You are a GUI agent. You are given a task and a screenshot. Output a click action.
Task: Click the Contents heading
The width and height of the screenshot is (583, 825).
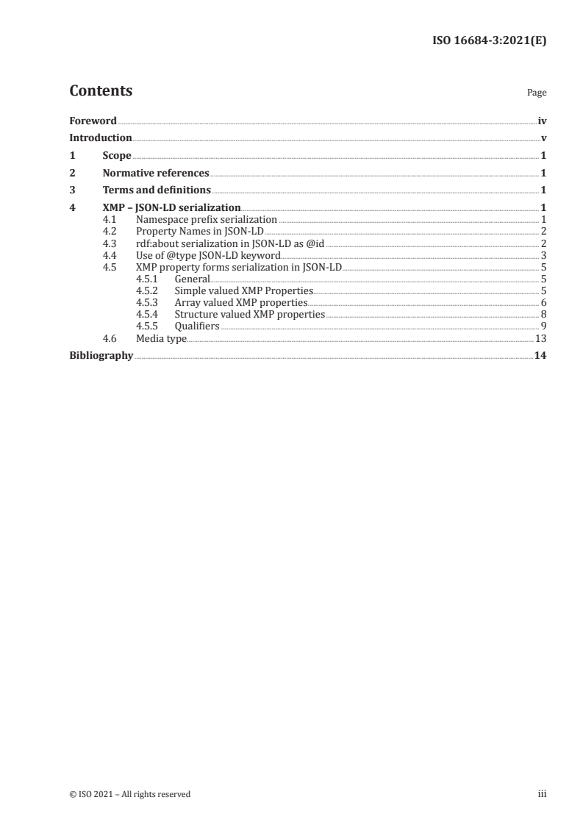tap(101, 91)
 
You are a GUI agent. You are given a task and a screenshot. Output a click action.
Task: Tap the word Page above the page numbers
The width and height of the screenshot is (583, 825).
tap(537, 93)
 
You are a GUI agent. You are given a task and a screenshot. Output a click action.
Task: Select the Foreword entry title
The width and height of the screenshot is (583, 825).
tap(93, 121)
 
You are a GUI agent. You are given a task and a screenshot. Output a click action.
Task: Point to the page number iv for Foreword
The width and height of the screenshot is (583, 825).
tap(542, 121)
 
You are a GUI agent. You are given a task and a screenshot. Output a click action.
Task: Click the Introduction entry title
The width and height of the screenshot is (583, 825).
tap(100, 137)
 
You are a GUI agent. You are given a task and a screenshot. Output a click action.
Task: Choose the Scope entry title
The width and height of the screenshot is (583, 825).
tap(117, 155)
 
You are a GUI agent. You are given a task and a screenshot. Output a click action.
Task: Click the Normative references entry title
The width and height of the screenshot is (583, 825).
tap(156, 174)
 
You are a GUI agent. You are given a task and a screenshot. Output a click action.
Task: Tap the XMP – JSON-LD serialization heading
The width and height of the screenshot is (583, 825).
tap(172, 208)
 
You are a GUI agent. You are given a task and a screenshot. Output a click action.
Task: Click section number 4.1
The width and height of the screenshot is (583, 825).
tap(110, 219)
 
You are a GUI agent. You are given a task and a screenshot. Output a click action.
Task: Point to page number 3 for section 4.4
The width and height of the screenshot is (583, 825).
tap(543, 255)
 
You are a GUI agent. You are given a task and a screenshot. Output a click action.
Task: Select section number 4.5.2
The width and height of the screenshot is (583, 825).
tap(147, 290)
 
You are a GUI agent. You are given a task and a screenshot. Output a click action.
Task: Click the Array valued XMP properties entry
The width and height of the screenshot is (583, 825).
tap(241, 302)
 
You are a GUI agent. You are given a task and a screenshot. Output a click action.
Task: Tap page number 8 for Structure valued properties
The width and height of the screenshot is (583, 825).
tap(543, 314)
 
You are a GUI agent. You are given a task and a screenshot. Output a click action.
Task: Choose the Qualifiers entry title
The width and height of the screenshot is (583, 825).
tap(196, 326)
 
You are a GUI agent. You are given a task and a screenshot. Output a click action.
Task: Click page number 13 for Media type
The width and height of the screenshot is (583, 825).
tap(540, 338)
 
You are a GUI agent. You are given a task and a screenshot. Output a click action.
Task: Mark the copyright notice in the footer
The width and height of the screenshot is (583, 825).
tap(130, 794)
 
